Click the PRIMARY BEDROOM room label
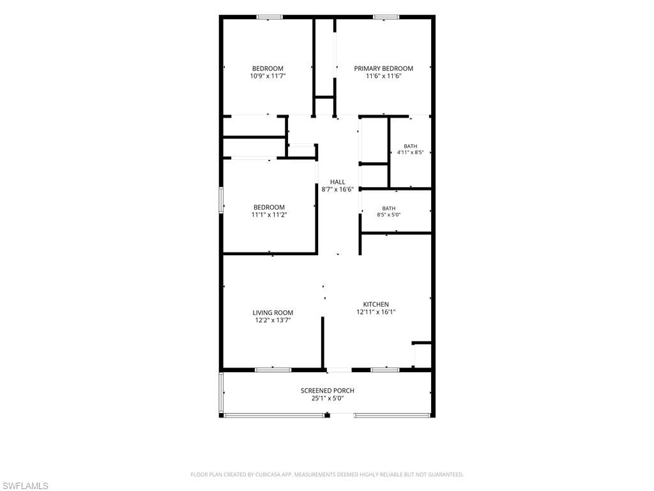click(x=383, y=68)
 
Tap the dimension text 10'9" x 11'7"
click(x=268, y=76)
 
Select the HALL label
click(x=337, y=182)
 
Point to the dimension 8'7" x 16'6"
click(x=337, y=189)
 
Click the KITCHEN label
click(x=376, y=304)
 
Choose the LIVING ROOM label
click(x=273, y=313)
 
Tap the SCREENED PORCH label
click(x=328, y=391)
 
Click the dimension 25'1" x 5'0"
click(x=328, y=398)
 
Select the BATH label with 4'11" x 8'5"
click(x=411, y=146)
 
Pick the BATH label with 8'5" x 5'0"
click(x=389, y=208)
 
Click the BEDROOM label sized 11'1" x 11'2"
click(x=269, y=208)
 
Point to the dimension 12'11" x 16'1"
click(x=376, y=312)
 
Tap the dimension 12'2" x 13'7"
click(x=273, y=320)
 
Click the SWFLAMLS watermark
click(x=24, y=486)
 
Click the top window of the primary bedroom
click(x=386, y=17)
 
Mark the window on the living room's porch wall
click(x=273, y=370)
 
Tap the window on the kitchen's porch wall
click(x=385, y=370)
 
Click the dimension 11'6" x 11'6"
click(x=383, y=76)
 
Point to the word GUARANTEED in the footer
click(x=446, y=475)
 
